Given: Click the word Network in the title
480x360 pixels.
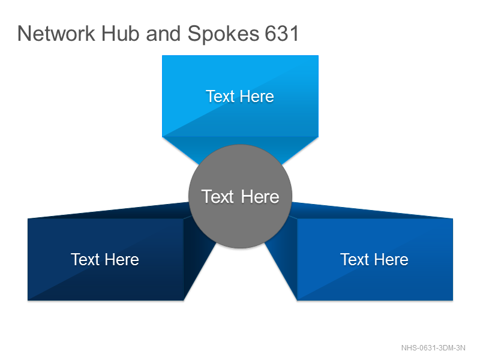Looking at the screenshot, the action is [x=56, y=34].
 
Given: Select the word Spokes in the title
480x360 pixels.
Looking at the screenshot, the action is [x=223, y=34].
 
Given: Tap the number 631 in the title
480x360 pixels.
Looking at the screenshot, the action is [x=281, y=34].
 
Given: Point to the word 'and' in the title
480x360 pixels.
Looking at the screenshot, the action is [x=163, y=34].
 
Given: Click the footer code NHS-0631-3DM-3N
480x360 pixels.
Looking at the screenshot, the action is [x=433, y=348].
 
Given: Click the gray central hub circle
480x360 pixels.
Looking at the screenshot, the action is [x=241, y=196].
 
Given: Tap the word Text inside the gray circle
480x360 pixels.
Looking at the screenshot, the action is [x=218, y=196].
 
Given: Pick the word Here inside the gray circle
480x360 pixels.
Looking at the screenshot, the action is [x=260, y=196].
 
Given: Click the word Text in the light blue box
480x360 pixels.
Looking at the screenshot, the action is [x=220, y=97].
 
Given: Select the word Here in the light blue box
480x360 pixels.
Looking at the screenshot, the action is [x=257, y=97].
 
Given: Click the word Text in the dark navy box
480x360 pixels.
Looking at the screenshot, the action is [x=85, y=260].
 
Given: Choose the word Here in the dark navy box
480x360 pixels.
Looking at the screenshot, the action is [x=122, y=260].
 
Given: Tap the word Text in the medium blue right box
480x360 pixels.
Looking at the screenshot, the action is [x=355, y=260].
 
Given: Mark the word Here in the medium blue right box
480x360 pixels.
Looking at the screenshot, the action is [x=392, y=260].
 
